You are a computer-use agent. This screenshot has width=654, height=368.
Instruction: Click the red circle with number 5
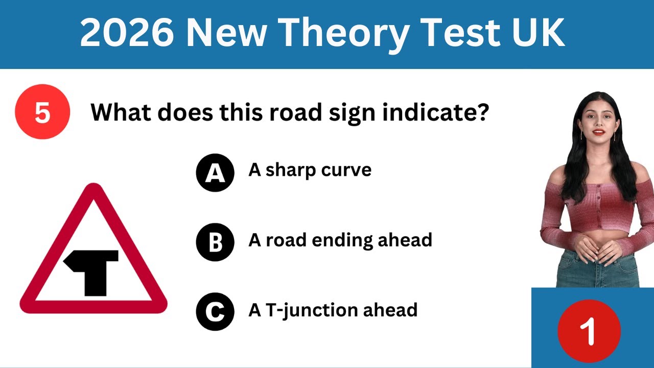(x=42, y=112)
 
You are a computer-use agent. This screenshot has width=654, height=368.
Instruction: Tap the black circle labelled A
(x=215, y=173)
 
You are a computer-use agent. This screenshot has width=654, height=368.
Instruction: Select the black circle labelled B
(x=215, y=242)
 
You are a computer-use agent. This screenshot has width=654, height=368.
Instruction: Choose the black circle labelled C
(x=215, y=311)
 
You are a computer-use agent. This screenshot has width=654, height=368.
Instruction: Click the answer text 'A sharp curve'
(x=310, y=170)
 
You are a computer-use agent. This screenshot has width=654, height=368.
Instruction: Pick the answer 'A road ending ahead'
(x=340, y=240)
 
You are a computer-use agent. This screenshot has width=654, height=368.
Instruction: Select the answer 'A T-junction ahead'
(x=333, y=310)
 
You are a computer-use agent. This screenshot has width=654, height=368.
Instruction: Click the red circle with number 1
(x=589, y=331)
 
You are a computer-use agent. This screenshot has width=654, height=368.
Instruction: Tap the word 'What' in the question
(x=120, y=112)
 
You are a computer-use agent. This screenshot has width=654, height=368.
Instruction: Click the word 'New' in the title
(x=227, y=34)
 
